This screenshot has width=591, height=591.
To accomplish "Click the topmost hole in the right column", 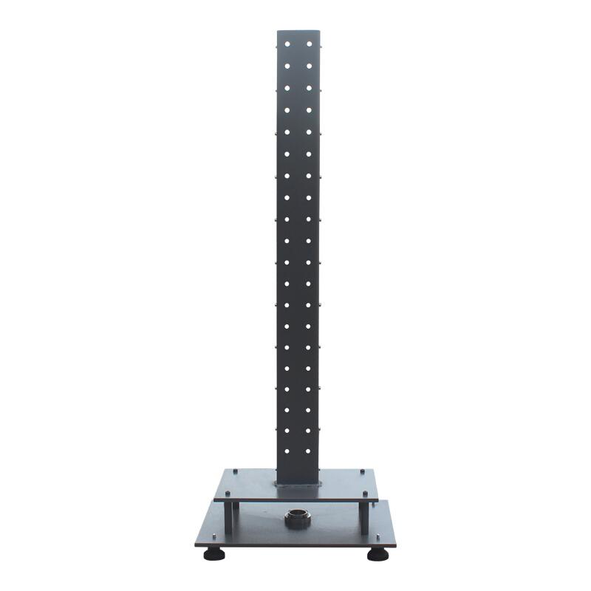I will (309, 44).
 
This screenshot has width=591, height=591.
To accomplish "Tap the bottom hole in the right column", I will (309, 450).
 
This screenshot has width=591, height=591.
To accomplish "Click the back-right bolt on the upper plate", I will (363, 469).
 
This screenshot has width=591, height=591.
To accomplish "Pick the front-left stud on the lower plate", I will (212, 537).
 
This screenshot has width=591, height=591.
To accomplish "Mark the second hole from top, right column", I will (309, 65).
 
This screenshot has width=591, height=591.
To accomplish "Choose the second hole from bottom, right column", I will (309, 429).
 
